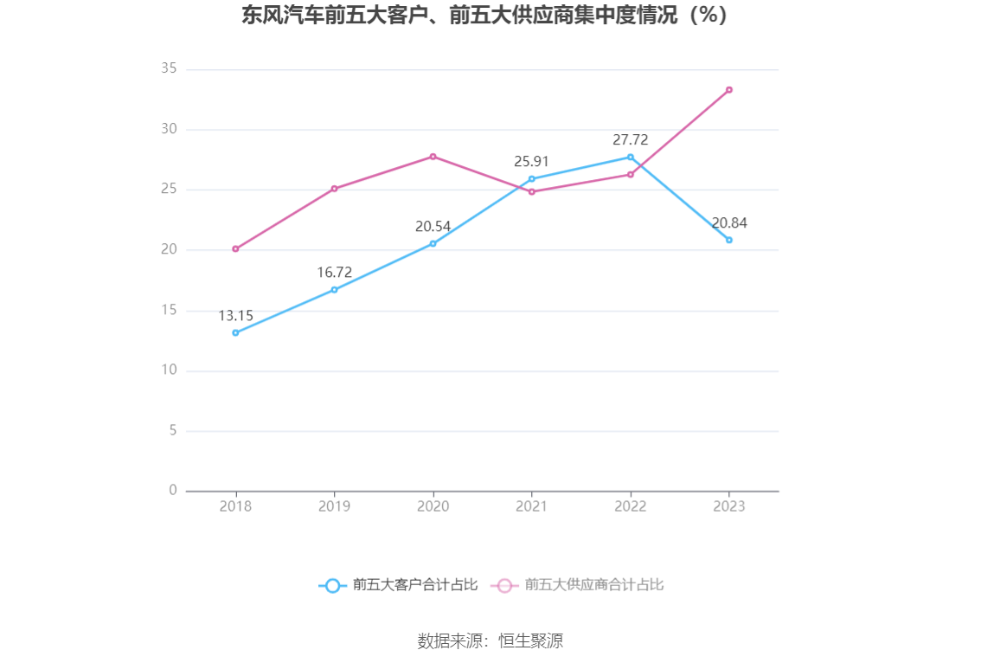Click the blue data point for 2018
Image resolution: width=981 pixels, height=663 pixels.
(x=235, y=332)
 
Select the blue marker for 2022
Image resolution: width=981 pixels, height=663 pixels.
(x=631, y=157)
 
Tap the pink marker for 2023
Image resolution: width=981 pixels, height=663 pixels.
(x=729, y=90)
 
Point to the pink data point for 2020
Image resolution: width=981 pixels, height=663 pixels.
(x=433, y=157)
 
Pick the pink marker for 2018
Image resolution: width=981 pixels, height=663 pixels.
(x=235, y=248)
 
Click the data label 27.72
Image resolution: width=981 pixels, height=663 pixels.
(x=630, y=139)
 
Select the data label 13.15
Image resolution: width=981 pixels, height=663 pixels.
(x=235, y=315)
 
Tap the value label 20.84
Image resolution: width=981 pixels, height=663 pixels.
(x=729, y=222)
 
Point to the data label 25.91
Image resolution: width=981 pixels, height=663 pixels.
(x=531, y=161)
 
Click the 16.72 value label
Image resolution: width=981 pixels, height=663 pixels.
(x=334, y=272)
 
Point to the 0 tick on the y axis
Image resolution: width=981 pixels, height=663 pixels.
(x=173, y=490)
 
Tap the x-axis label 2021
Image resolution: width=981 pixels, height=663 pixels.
(x=531, y=506)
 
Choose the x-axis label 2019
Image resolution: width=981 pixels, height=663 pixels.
(x=334, y=506)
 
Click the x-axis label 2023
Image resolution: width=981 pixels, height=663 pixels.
(x=729, y=506)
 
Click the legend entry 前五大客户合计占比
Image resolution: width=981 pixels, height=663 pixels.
(x=399, y=585)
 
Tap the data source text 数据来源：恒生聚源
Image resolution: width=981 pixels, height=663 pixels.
(x=490, y=641)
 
